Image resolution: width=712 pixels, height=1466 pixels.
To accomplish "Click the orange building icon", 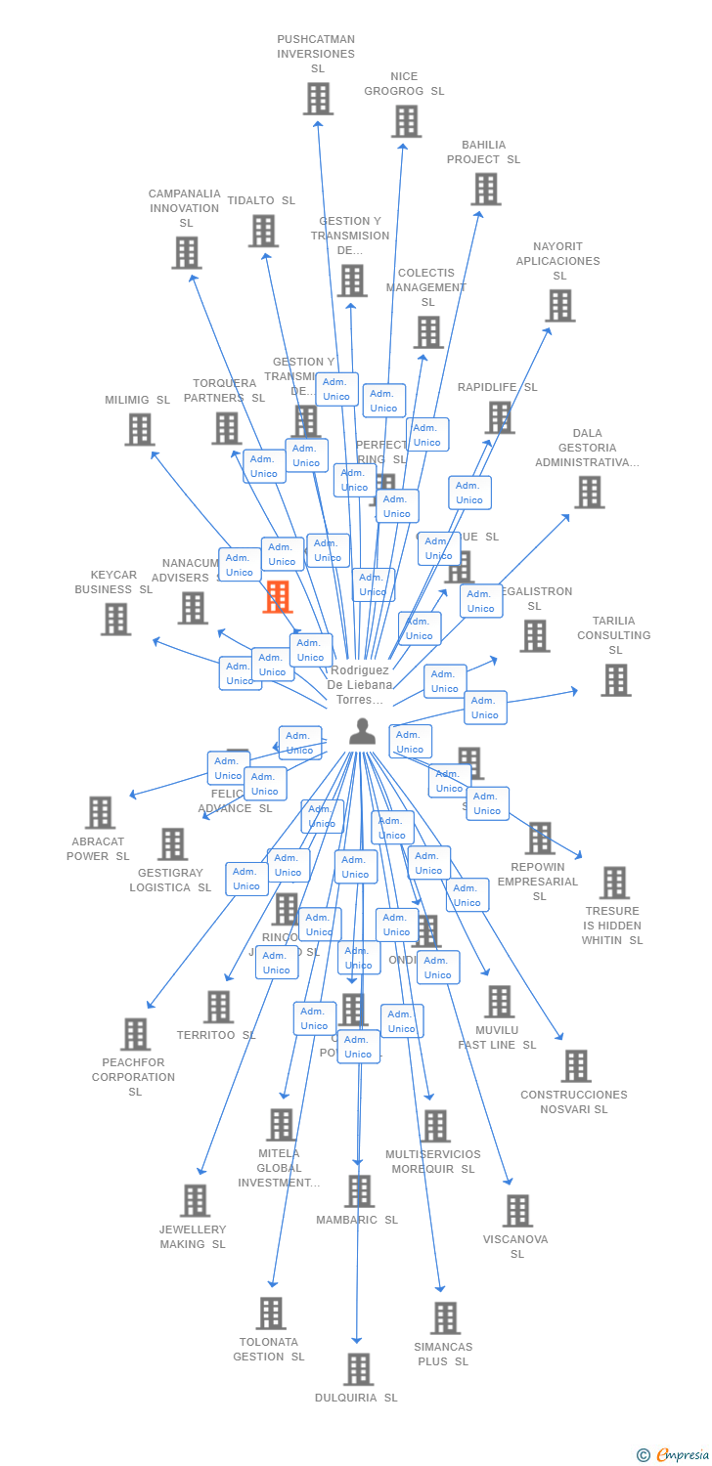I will point(278,596).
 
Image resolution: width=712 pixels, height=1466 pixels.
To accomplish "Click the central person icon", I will point(362,731).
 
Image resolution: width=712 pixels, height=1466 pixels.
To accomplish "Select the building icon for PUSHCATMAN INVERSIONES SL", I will point(318,99).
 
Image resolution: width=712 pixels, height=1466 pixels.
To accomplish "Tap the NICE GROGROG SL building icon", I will point(406,121).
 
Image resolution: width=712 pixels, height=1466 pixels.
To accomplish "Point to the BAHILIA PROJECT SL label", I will point(484,152).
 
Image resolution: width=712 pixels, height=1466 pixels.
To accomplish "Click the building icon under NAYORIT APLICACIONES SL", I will point(559,306).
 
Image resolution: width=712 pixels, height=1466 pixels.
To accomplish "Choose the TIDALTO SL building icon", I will point(263,232).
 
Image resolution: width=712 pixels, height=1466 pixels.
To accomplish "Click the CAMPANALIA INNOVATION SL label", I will point(185,208).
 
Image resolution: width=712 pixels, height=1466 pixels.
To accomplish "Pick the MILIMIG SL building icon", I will point(140,429).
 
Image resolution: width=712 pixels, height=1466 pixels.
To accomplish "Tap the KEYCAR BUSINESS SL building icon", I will point(115,619).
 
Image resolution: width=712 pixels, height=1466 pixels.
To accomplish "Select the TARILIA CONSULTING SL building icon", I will point(615,680).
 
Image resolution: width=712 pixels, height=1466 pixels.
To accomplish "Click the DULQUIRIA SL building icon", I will point(358,1369).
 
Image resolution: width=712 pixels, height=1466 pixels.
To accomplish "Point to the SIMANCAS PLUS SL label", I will point(443,1354).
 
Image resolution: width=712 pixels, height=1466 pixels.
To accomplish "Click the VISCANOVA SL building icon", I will point(517,1211).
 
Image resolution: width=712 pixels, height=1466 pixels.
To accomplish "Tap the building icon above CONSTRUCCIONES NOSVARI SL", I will point(576,1066).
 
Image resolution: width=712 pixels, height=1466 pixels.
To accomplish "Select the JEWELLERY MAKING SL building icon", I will point(195,1201).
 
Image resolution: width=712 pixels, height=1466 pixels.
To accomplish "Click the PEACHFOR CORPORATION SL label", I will point(134,1077).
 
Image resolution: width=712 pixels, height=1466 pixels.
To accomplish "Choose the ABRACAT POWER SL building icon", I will point(100,812).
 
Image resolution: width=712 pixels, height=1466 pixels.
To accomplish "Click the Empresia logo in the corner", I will point(674,1455).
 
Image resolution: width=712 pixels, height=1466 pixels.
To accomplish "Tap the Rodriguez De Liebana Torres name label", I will point(360,685).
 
